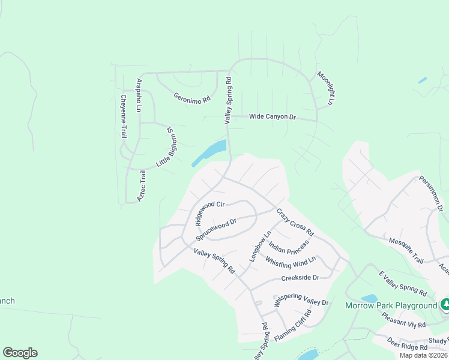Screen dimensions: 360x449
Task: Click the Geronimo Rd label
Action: [x=192, y=97]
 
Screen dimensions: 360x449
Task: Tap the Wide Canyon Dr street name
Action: [x=273, y=116]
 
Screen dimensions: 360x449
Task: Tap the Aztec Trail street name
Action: [x=142, y=185]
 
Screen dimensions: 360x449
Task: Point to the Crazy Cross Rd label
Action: [x=295, y=222]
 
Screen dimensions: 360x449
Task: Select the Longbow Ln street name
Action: [x=260, y=246]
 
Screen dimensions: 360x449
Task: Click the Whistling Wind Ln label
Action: [x=290, y=262]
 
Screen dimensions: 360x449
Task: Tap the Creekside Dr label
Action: [x=300, y=278]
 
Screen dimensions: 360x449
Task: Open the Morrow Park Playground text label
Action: [x=391, y=305]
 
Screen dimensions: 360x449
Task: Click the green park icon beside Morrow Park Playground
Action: [x=445, y=305]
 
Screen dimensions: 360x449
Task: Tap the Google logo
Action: [x=20, y=353]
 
